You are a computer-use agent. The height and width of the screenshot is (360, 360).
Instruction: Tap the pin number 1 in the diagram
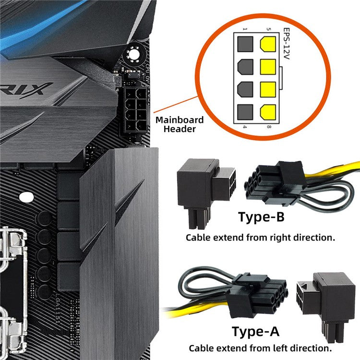tap(245, 30)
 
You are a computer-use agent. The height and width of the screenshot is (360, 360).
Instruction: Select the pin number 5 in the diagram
tap(268, 30)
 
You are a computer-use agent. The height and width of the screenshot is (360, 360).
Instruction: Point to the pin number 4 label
tap(245, 127)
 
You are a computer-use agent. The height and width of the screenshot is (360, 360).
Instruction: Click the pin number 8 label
tap(268, 127)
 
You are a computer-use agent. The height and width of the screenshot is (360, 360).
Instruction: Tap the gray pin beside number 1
tap(245, 45)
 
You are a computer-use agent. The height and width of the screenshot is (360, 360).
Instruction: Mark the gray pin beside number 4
tap(245, 111)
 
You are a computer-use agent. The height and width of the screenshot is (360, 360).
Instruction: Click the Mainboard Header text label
tap(180, 124)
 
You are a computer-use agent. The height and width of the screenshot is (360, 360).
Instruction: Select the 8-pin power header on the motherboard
tap(135, 110)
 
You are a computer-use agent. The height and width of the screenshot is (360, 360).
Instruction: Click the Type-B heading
tap(261, 217)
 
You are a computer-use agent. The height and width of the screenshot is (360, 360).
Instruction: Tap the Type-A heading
tap(254, 331)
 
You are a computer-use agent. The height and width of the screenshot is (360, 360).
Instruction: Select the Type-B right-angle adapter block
tap(204, 190)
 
